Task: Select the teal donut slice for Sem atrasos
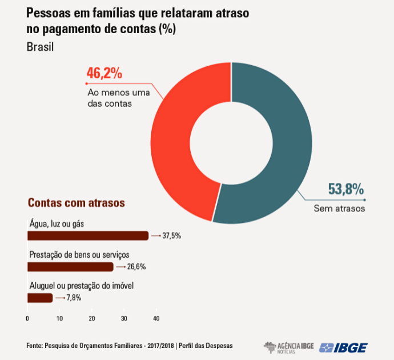tap(286, 143)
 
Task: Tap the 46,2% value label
tap(104, 74)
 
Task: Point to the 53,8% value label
tap(346, 189)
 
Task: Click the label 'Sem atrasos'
tap(339, 209)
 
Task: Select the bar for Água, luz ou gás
tap(87, 235)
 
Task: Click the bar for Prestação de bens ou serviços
tap(70, 266)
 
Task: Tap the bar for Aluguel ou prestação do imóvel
tap(40, 298)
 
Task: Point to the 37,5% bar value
tap(171, 235)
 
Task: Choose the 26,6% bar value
tap(136, 266)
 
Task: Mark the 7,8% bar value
tap(74, 298)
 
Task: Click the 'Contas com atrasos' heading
tap(77, 203)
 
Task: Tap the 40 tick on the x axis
tap(156, 318)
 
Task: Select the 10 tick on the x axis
tap(59, 318)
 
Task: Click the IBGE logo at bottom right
tap(344, 347)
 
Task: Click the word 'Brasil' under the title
tap(40, 47)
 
